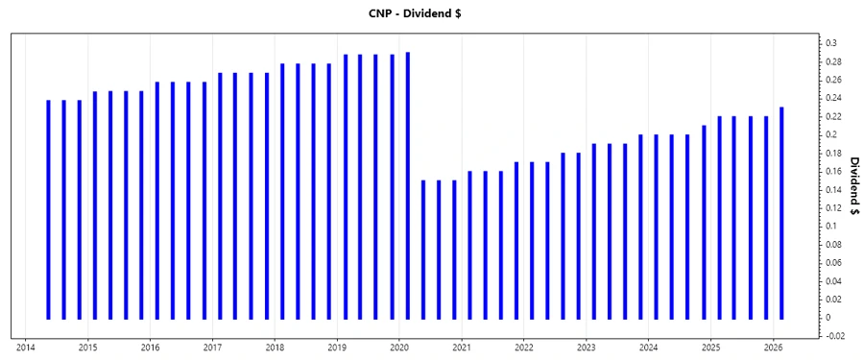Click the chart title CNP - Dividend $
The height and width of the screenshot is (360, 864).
click(431, 13)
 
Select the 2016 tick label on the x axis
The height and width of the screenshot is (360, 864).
click(150, 347)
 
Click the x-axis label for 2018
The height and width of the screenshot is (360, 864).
click(275, 347)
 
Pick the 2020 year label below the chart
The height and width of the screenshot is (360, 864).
click(399, 347)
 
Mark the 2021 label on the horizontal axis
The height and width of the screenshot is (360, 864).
click(462, 347)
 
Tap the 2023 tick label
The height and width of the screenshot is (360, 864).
click(587, 347)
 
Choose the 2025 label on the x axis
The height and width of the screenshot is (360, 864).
click(711, 347)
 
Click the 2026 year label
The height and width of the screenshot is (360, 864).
click(774, 347)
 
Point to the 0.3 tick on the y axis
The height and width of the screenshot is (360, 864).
click(831, 43)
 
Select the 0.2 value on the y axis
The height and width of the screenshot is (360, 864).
click(831, 134)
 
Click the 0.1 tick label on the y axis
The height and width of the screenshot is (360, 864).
click(831, 226)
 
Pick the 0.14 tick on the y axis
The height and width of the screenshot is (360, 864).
click(833, 189)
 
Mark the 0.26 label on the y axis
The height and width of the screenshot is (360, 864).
click(833, 80)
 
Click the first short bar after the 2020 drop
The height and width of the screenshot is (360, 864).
click(423, 250)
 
